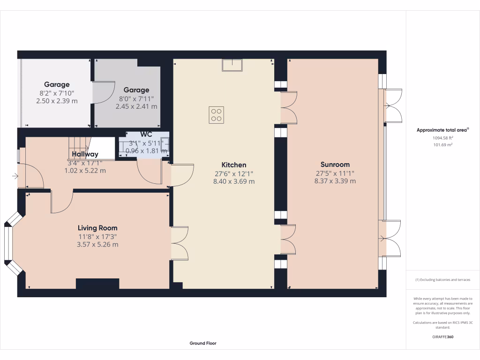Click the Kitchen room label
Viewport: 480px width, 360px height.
pos(233,165)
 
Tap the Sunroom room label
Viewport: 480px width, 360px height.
pos(335,165)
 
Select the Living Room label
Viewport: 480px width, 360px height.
pos(97,228)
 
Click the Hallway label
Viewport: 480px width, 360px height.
pos(85,154)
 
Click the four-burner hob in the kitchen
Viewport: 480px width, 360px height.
pos(216,115)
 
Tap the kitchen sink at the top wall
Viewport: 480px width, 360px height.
pos(232,65)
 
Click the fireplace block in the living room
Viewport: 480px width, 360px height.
pos(97,284)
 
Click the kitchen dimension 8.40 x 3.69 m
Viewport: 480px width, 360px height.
pos(233,181)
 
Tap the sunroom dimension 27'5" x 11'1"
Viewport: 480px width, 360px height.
pos(335,173)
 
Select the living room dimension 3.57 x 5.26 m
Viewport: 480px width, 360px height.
pos(97,244)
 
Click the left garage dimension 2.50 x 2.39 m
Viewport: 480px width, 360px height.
pos(57,101)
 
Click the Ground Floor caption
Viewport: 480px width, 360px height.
pos(203,343)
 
